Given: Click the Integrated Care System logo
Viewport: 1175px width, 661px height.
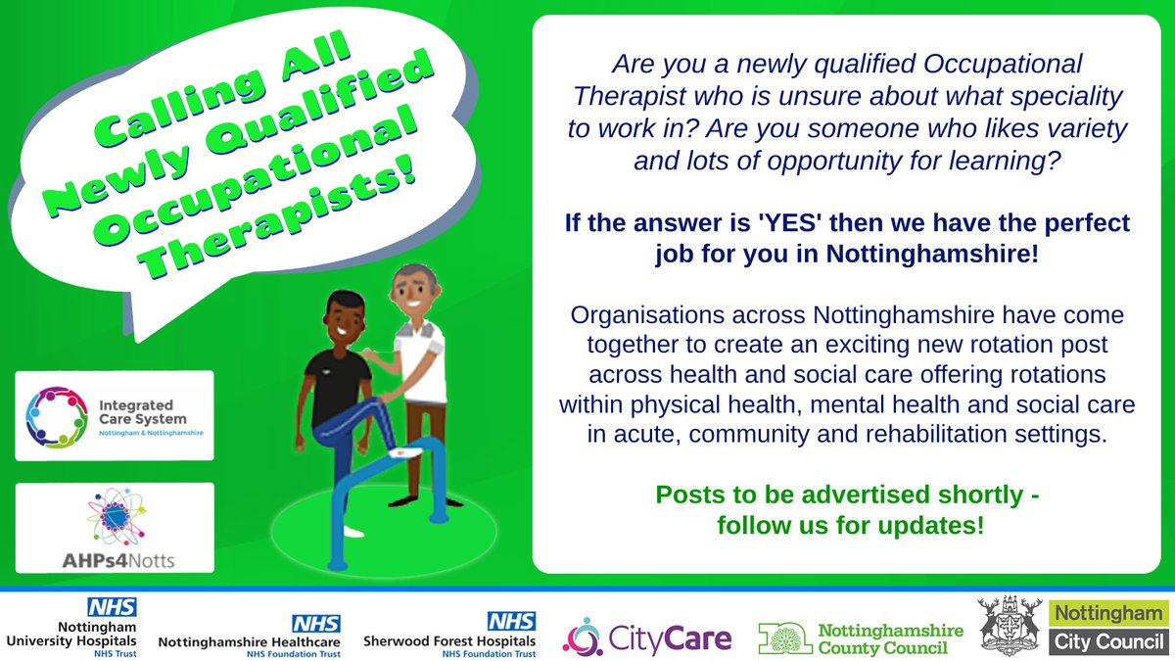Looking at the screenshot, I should point(114,415).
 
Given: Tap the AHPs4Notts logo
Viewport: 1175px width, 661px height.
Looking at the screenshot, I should point(115,527).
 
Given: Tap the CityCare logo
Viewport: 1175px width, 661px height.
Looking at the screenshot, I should point(646,637).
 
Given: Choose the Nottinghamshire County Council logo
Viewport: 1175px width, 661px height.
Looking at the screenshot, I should point(861,637).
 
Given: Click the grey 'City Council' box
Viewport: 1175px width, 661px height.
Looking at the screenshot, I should point(1109,641).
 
